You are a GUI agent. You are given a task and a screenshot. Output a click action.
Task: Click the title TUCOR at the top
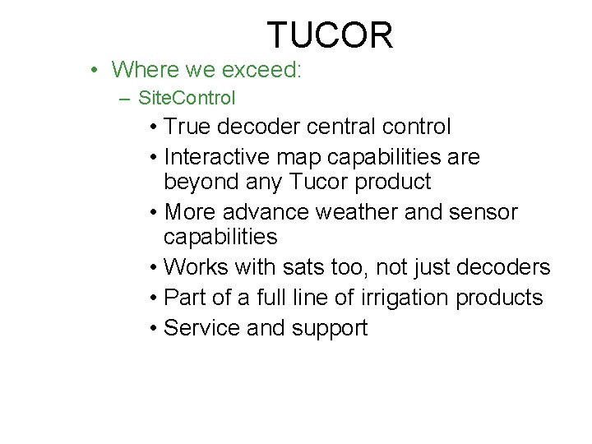tap(330, 35)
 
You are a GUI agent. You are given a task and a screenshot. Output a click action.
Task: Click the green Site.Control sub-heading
tap(187, 99)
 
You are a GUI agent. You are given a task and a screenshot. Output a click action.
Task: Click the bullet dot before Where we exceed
tap(96, 70)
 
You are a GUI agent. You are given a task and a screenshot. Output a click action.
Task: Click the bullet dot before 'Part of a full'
tap(155, 298)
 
